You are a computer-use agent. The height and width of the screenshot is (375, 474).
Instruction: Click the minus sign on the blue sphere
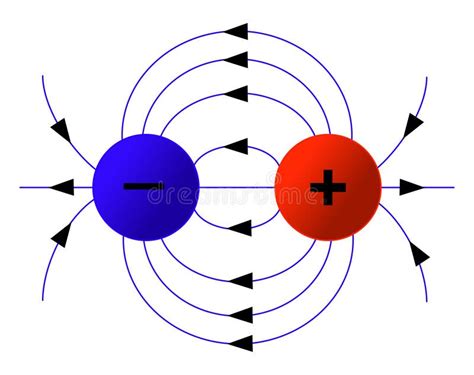click(143, 186)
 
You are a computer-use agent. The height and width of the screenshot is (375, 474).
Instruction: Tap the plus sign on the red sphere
click(327, 186)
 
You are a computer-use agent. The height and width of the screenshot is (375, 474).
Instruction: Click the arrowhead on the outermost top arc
click(236, 31)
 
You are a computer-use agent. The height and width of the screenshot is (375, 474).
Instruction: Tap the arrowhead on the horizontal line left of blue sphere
click(60, 187)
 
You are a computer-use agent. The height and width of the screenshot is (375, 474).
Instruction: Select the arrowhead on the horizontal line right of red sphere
click(411, 187)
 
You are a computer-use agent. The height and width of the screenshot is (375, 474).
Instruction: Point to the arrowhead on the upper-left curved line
click(60, 129)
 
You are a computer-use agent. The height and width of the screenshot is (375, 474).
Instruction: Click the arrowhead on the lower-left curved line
click(61, 236)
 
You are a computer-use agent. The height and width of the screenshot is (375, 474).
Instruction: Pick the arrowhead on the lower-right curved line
click(418, 254)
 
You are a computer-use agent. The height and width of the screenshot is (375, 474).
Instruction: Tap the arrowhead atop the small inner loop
click(236, 147)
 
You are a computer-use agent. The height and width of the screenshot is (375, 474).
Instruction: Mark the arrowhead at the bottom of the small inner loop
click(238, 227)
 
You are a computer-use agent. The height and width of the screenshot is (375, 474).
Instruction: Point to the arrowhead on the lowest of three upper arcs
click(236, 95)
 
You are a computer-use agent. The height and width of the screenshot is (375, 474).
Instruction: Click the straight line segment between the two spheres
click(237, 187)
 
